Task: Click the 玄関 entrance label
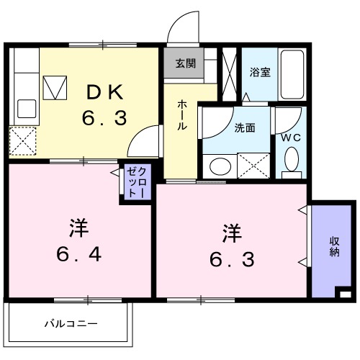(185, 63)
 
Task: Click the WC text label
(291, 135)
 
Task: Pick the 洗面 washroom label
(243, 129)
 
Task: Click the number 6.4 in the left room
(78, 254)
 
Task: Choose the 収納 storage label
(335, 247)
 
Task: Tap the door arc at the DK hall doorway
(144, 138)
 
